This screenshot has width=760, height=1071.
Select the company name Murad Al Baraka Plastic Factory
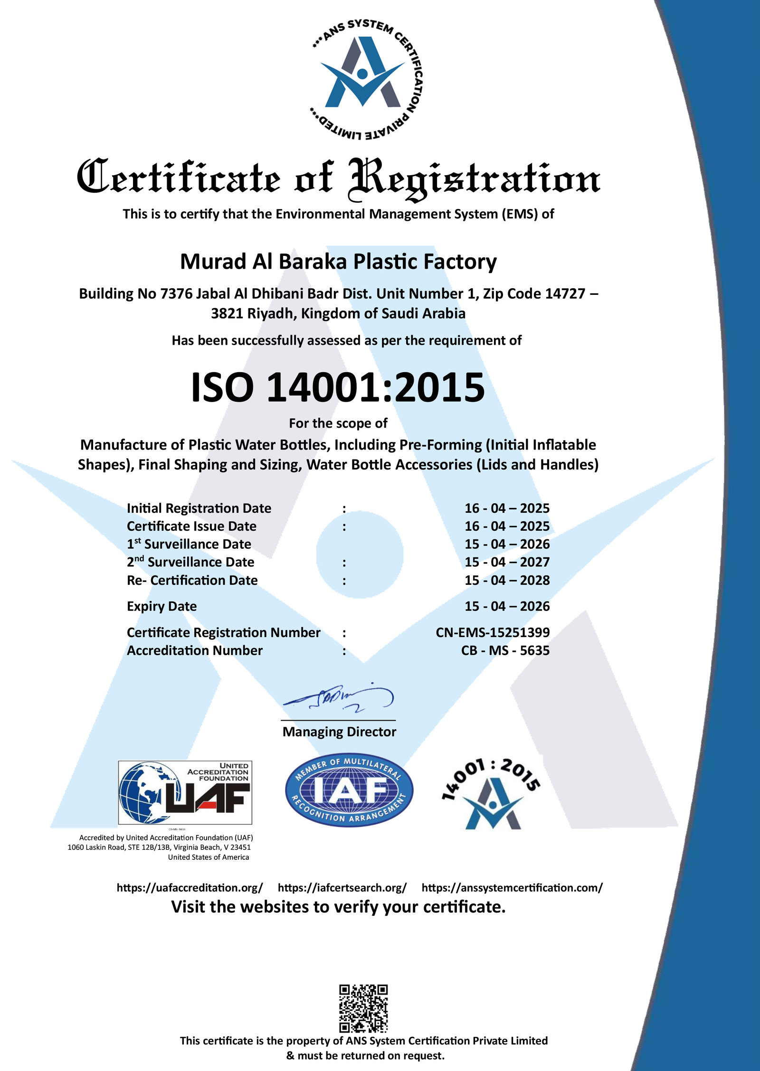click(x=338, y=262)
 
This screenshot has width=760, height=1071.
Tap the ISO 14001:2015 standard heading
click(x=338, y=387)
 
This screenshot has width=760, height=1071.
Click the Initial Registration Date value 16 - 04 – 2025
click(x=507, y=508)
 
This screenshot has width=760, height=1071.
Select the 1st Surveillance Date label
click(x=189, y=544)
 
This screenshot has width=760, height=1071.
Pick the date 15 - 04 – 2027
click(x=507, y=562)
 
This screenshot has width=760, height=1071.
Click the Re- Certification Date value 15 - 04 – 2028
click(x=507, y=580)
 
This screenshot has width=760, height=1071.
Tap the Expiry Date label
click(x=161, y=606)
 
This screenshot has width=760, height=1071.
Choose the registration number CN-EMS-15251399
click(x=493, y=632)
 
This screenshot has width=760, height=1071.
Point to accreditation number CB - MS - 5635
click(x=505, y=650)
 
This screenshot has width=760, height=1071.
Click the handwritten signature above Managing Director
click(x=339, y=698)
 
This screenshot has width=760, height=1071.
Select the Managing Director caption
click(x=339, y=732)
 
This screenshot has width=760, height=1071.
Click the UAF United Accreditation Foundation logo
click(x=185, y=792)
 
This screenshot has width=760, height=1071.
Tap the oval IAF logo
click(x=349, y=790)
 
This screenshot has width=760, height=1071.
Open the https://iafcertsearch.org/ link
click(x=342, y=888)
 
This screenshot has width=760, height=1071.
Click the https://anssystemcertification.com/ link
click(x=512, y=888)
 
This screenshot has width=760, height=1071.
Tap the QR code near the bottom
click(x=363, y=1008)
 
